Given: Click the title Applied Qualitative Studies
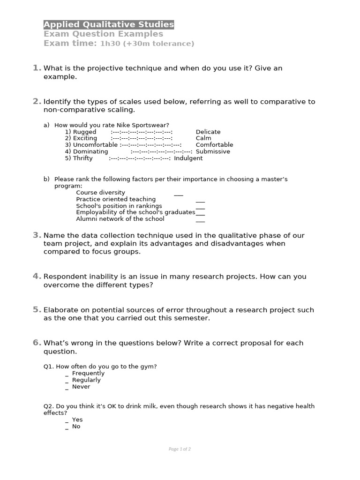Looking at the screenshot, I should [x=109, y=24].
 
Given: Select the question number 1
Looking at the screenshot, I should [x=37, y=68].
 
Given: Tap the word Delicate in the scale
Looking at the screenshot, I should [x=208, y=132].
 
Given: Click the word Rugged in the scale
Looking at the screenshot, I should [x=84, y=132].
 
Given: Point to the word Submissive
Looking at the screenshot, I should [x=213, y=151].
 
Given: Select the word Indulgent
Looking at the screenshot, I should [x=188, y=158].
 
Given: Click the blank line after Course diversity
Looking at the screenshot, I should [x=179, y=193].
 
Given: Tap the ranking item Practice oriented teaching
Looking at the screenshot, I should [x=116, y=199].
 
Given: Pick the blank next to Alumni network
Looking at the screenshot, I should [x=200, y=219].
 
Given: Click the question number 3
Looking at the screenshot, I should [x=37, y=235].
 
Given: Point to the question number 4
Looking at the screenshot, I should [x=37, y=276].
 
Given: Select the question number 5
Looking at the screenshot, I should [x=37, y=309].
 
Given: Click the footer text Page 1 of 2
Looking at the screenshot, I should [x=180, y=449].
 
